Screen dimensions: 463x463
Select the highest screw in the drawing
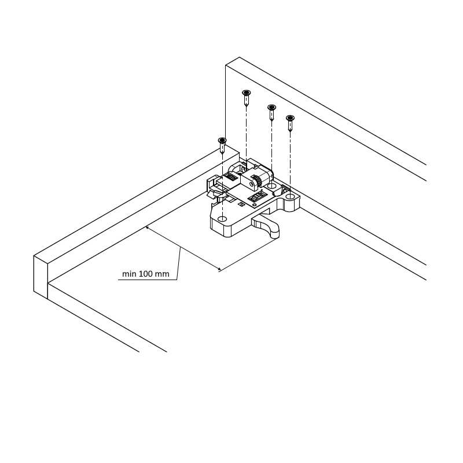(247, 97)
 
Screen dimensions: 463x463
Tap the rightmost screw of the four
(291, 123)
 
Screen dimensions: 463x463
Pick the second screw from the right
(271, 112)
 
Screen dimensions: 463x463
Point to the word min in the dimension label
(129, 274)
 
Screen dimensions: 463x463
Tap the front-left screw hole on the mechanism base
(222, 219)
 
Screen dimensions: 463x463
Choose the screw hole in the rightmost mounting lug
(291, 196)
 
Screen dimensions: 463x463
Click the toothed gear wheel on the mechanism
(257, 182)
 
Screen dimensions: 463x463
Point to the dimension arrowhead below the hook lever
(218, 269)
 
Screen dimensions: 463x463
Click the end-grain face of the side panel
(41, 278)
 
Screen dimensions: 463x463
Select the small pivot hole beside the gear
(251, 184)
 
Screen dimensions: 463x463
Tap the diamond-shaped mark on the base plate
(241, 204)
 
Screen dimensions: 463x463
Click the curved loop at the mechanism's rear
(236, 166)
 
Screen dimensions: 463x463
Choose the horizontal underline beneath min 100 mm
(148, 280)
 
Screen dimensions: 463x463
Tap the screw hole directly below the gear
(271, 186)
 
